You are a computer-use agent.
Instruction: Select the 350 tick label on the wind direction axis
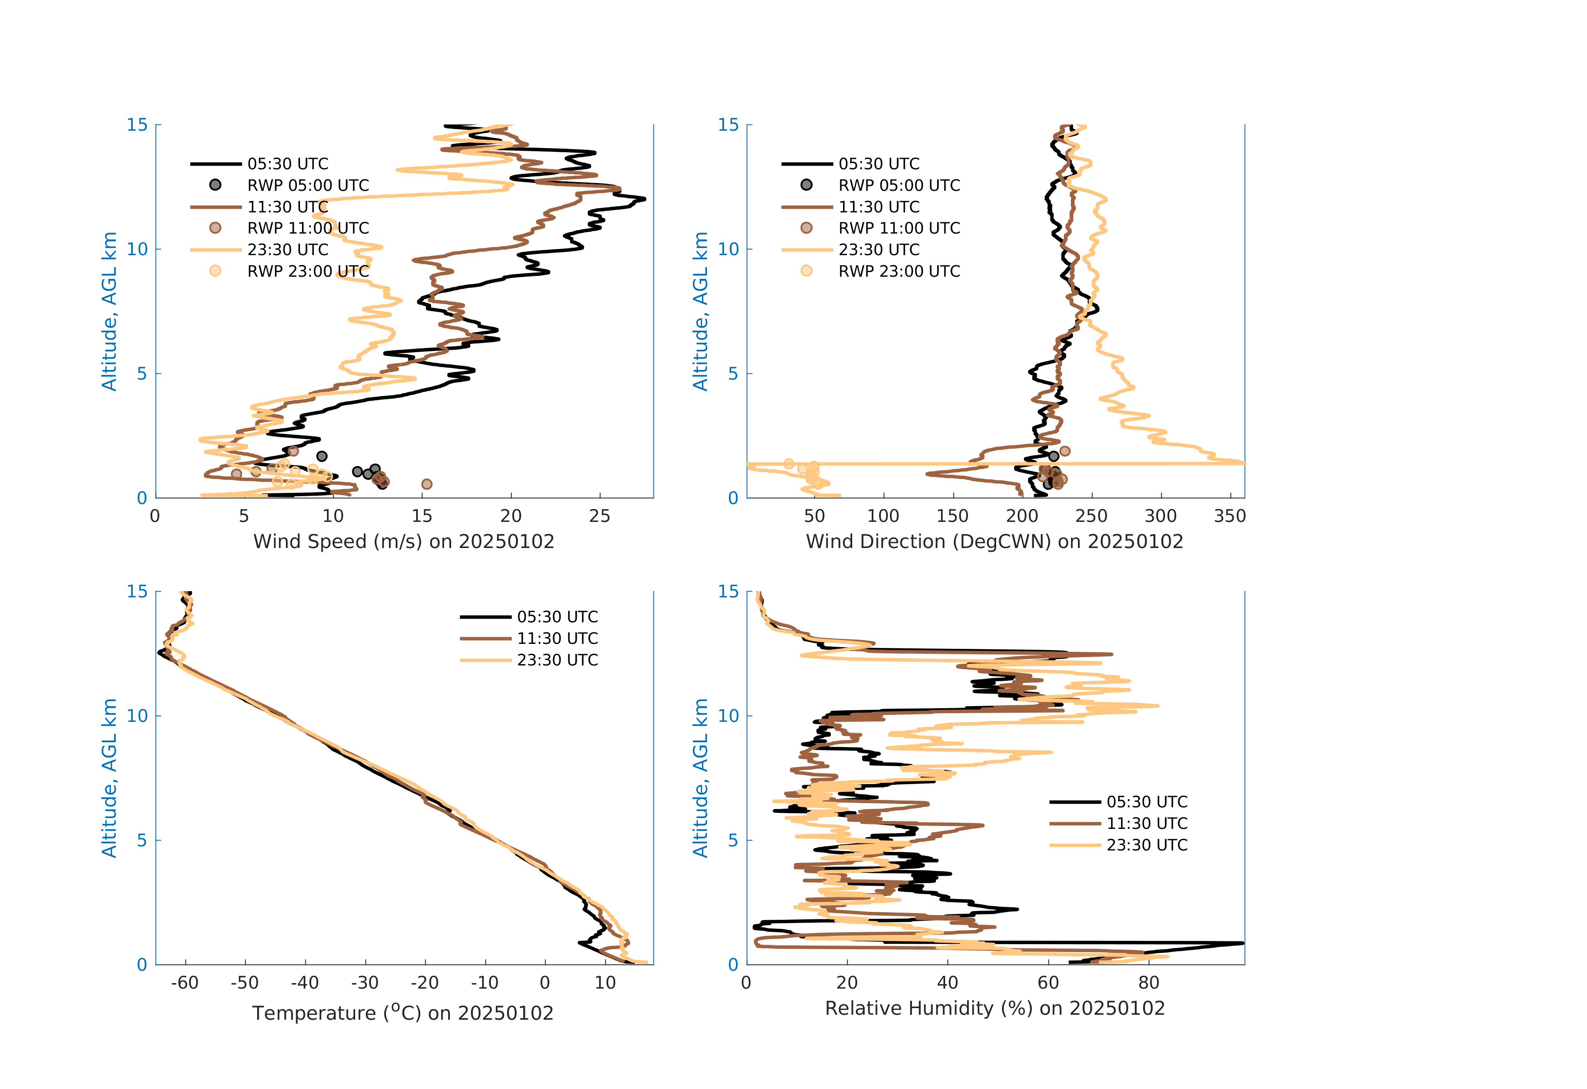coord(1230,516)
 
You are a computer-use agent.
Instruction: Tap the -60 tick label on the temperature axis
coord(184,983)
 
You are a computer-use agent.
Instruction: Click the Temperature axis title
coord(403,1013)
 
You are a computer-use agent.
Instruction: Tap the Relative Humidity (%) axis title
coord(994,1009)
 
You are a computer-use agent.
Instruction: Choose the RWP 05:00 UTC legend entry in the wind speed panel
coord(307,185)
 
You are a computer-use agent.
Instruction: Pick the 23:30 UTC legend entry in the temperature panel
coord(556,660)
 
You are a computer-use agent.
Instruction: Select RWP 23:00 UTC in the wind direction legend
coord(899,271)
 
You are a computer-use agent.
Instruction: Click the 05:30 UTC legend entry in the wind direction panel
coord(879,164)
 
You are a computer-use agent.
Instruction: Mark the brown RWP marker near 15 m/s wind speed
coord(427,484)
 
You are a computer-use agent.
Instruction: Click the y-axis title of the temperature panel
coord(109,778)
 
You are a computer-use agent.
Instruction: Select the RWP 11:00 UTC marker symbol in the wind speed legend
coord(215,228)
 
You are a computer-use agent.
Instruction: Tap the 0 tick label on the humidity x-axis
coord(746,983)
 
